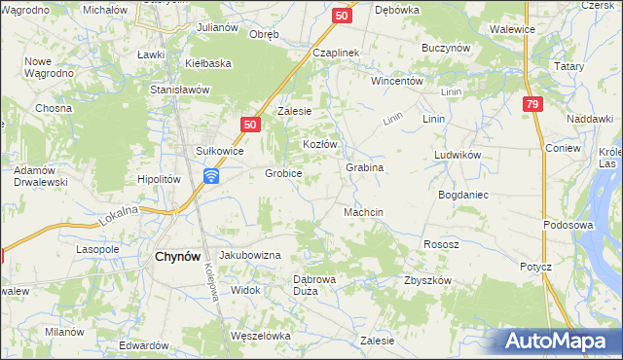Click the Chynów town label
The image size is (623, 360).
177,257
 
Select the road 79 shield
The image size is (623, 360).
531,105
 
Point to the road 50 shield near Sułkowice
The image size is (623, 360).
250,125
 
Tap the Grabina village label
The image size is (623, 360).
365,167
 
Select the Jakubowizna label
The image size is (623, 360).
249,254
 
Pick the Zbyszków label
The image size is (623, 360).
428,280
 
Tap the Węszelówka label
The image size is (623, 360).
261,336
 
